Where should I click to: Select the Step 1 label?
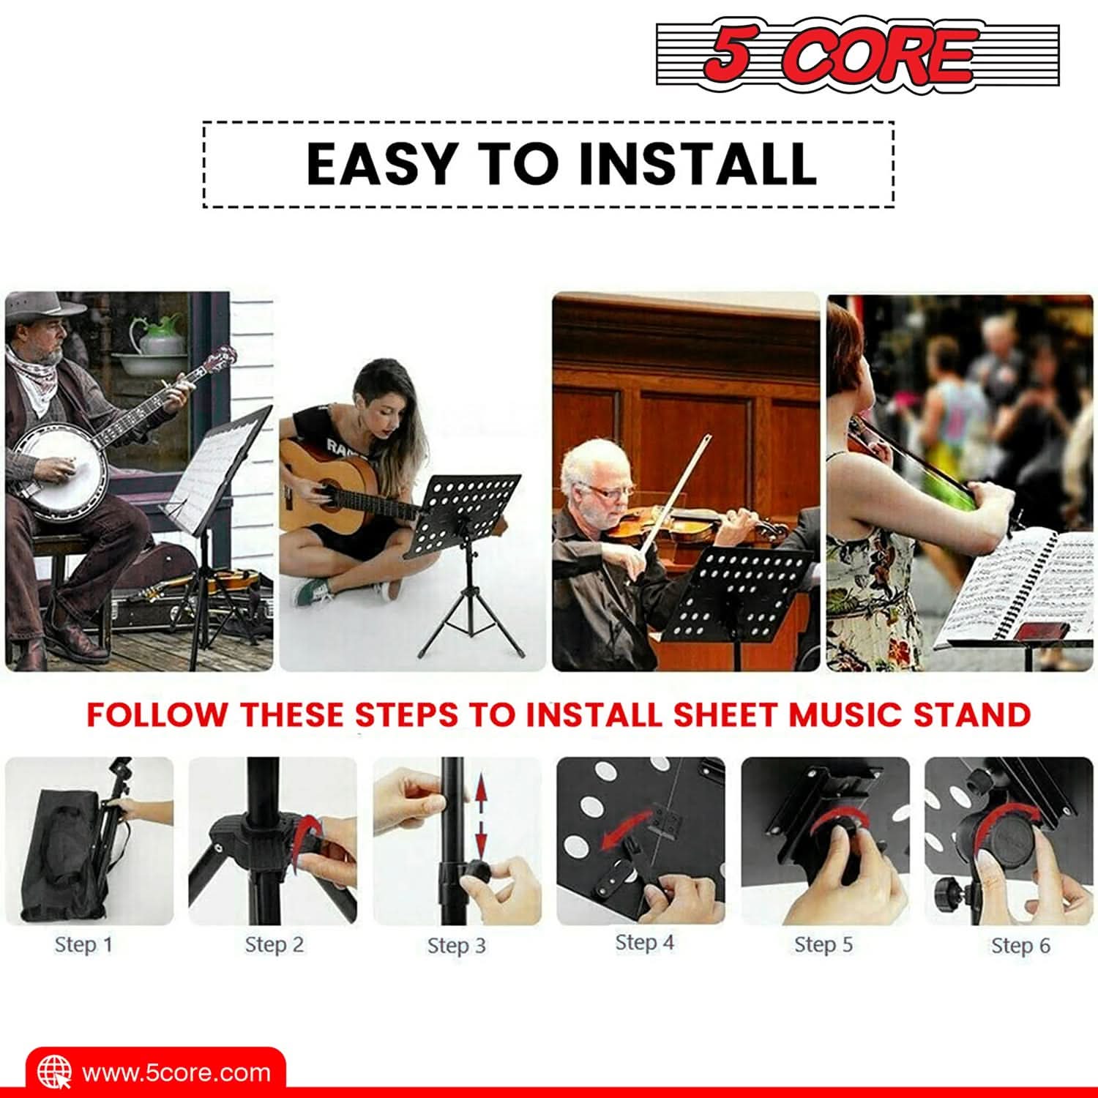click(83, 944)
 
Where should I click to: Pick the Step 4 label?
click(644, 942)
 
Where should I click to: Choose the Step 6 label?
click(1020, 945)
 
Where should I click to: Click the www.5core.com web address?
click(176, 1073)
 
